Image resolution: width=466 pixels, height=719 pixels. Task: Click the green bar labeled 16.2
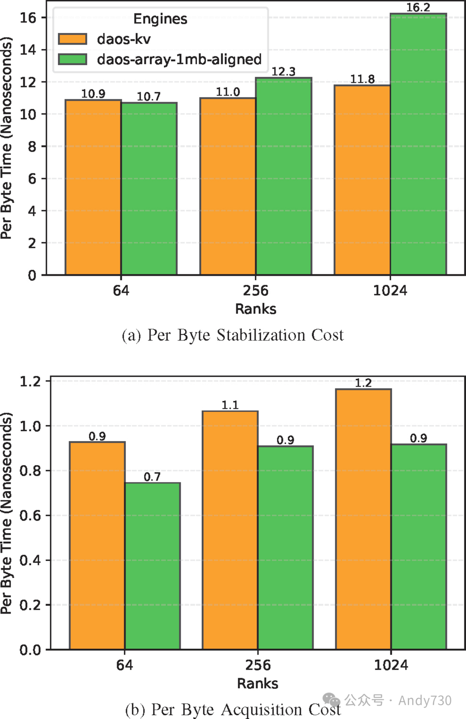418,144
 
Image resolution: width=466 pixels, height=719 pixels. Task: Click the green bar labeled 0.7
153,566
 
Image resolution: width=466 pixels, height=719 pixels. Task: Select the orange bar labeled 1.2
363,519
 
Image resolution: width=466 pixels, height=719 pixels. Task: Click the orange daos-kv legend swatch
72,39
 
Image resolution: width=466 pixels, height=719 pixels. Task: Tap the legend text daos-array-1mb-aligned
179,59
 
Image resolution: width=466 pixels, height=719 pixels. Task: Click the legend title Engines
160,19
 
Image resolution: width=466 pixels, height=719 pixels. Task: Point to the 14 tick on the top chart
28,50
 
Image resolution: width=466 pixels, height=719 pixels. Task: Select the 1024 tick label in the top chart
390,290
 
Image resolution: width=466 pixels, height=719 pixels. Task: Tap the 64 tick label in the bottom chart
125,665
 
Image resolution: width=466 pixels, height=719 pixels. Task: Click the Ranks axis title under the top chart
255,309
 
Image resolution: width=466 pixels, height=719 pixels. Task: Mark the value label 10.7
148,97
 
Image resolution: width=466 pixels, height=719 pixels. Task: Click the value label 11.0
228,92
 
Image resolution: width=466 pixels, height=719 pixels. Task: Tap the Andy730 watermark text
425,700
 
